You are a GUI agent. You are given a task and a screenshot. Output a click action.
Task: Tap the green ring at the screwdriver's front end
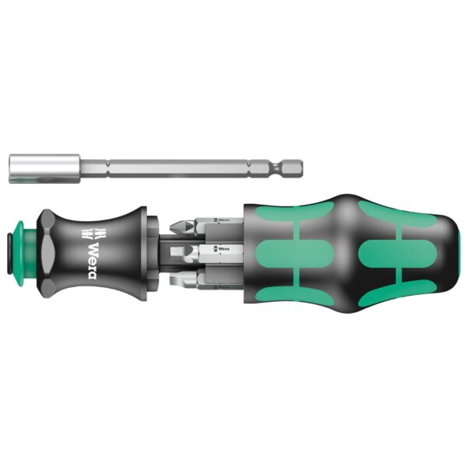pos(18,250)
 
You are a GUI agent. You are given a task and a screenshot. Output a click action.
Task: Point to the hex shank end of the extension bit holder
pos(292,165)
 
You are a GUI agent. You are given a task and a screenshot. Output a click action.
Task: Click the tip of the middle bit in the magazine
pos(180,251)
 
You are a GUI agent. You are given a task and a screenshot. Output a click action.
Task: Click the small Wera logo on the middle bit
pos(223,250)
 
